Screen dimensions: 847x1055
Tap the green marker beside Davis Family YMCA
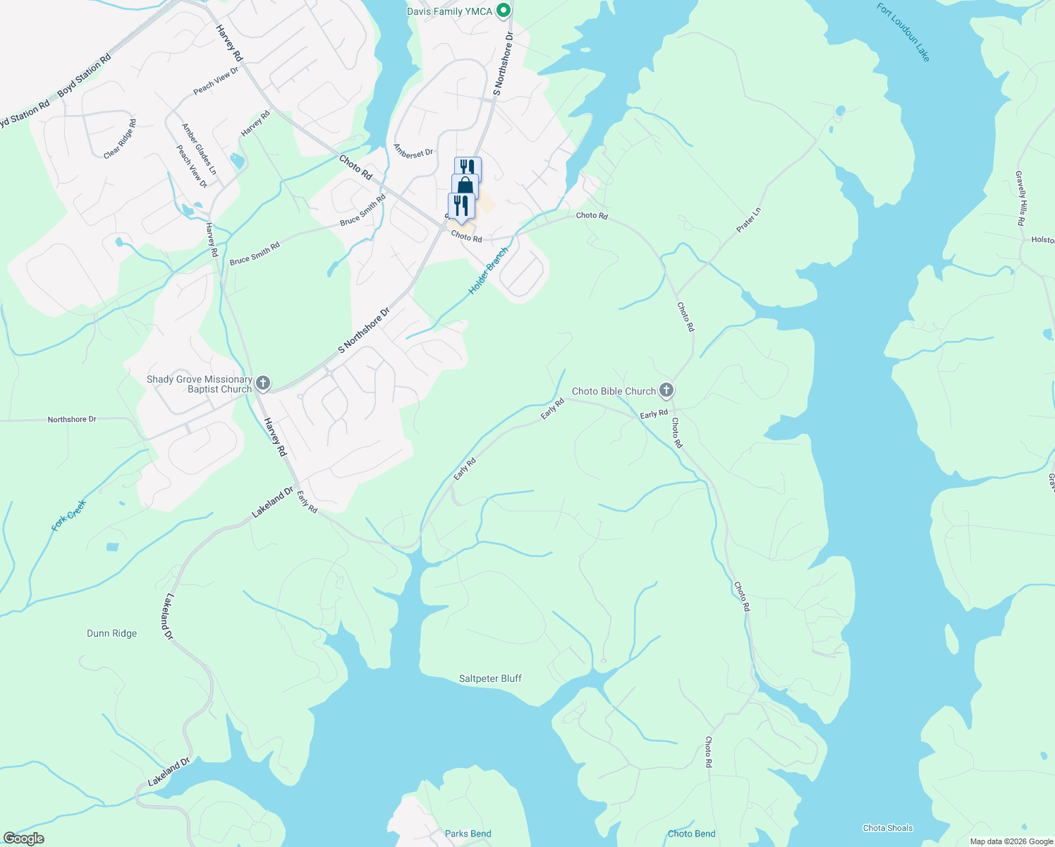503,11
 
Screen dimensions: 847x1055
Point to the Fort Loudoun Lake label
903,32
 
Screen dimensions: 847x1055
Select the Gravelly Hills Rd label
1020,198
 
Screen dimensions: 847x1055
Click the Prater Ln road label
749,220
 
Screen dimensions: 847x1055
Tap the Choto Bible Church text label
614,391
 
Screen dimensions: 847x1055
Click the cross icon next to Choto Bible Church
666,390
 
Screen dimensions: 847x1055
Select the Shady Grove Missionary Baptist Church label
199,384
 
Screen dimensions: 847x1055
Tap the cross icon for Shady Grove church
262,383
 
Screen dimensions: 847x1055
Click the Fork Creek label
69,515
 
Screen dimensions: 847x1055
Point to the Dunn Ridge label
112,633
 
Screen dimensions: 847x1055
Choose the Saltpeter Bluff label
490,678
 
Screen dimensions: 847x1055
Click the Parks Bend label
468,834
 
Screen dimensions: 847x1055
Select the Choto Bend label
692,834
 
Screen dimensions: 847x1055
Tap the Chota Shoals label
887,828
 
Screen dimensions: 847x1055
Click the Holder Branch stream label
488,270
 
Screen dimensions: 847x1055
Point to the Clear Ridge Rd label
120,139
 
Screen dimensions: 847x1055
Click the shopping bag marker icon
465,186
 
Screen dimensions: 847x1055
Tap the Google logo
23,838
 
